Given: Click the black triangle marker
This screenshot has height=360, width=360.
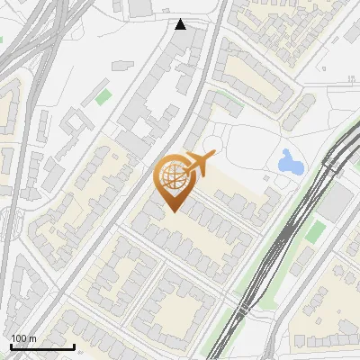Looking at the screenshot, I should pos(181,24).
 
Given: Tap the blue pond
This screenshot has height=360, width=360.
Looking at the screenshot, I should pos(290,162).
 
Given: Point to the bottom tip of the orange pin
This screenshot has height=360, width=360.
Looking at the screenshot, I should pos(172,211).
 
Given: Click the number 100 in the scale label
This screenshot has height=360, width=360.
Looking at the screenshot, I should pos(19,338).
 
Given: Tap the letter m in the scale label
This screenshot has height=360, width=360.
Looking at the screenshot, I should pos(32,338).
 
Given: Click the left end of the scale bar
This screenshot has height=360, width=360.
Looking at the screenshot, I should pos(11,346).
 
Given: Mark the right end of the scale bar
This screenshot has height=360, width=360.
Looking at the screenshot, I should pos(74,346).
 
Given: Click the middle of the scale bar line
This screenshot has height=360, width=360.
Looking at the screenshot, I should pos(42,346).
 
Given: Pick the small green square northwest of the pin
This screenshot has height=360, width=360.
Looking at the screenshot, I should pos(104,95).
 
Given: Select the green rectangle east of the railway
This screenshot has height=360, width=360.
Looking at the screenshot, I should pos(314,231).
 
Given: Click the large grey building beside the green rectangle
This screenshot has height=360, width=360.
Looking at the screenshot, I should pos(334,207).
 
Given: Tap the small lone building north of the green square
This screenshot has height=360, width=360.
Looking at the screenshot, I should pos(118,64).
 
